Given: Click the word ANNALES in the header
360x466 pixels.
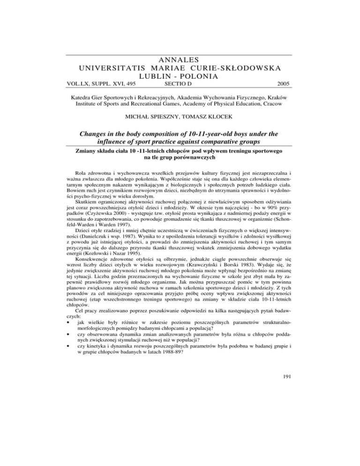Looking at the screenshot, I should (180, 60).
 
